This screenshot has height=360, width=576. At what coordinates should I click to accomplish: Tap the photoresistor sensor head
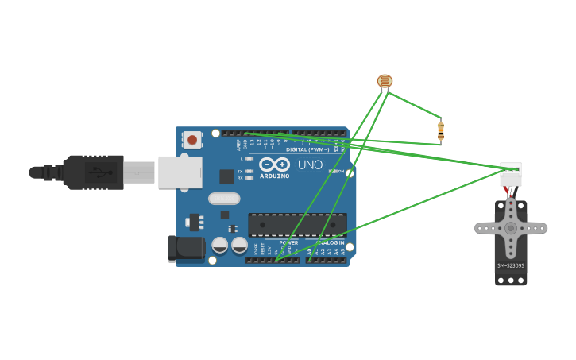point(385,80)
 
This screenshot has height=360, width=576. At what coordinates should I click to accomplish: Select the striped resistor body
point(441,130)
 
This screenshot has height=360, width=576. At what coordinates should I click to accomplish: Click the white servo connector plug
point(511,174)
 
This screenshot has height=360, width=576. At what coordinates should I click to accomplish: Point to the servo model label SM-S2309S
point(510,265)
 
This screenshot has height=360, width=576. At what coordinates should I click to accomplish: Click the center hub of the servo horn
point(510,228)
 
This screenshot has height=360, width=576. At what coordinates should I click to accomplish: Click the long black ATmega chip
point(297,225)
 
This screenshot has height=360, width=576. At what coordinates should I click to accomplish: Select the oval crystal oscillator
point(223,199)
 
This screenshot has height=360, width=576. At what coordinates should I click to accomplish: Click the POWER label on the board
point(288,242)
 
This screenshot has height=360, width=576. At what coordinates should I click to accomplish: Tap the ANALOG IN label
point(331,242)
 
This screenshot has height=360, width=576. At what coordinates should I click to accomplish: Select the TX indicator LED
point(249,171)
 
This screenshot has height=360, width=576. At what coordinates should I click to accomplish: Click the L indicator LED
point(249,159)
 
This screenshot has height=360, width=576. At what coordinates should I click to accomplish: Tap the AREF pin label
point(238,145)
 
